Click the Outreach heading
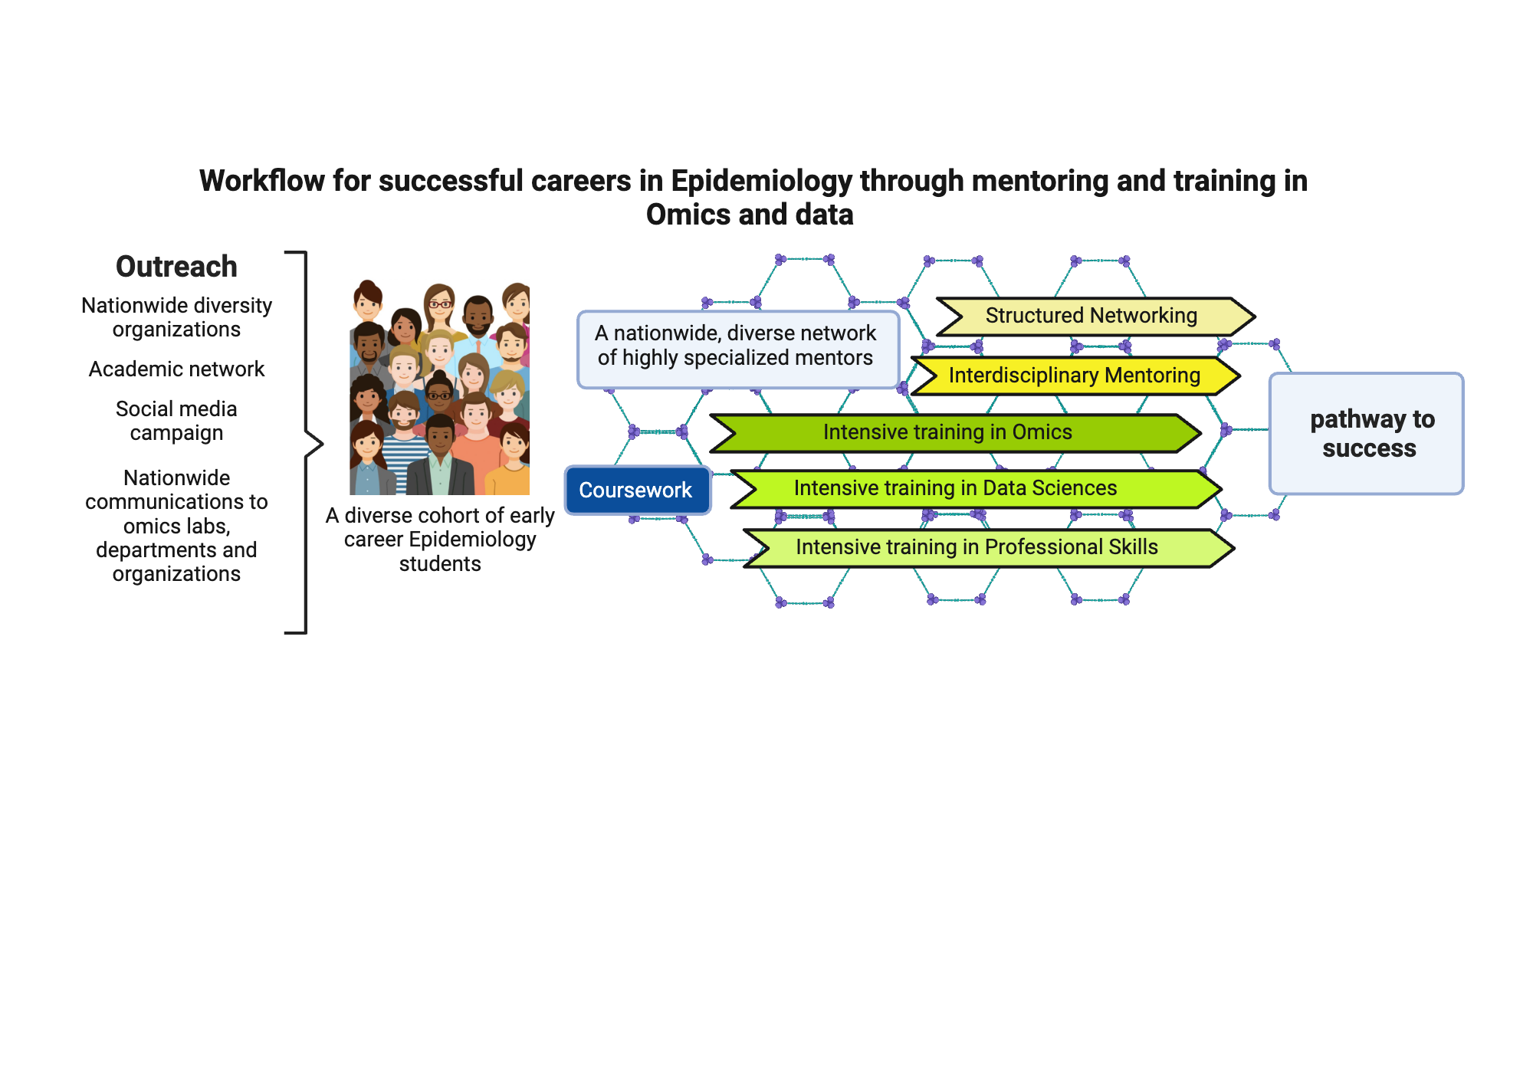[176, 267]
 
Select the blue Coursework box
[637, 490]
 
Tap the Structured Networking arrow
[1091, 316]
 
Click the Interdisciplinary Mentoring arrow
[1074, 376]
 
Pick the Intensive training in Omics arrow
[947, 432]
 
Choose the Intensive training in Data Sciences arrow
[955, 488]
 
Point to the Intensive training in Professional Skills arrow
[977, 547]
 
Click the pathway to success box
[1367, 434]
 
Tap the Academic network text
[176, 369]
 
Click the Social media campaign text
[176, 421]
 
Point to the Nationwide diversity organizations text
[176, 317]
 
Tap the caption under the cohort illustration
[439, 540]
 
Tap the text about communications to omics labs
[176, 526]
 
